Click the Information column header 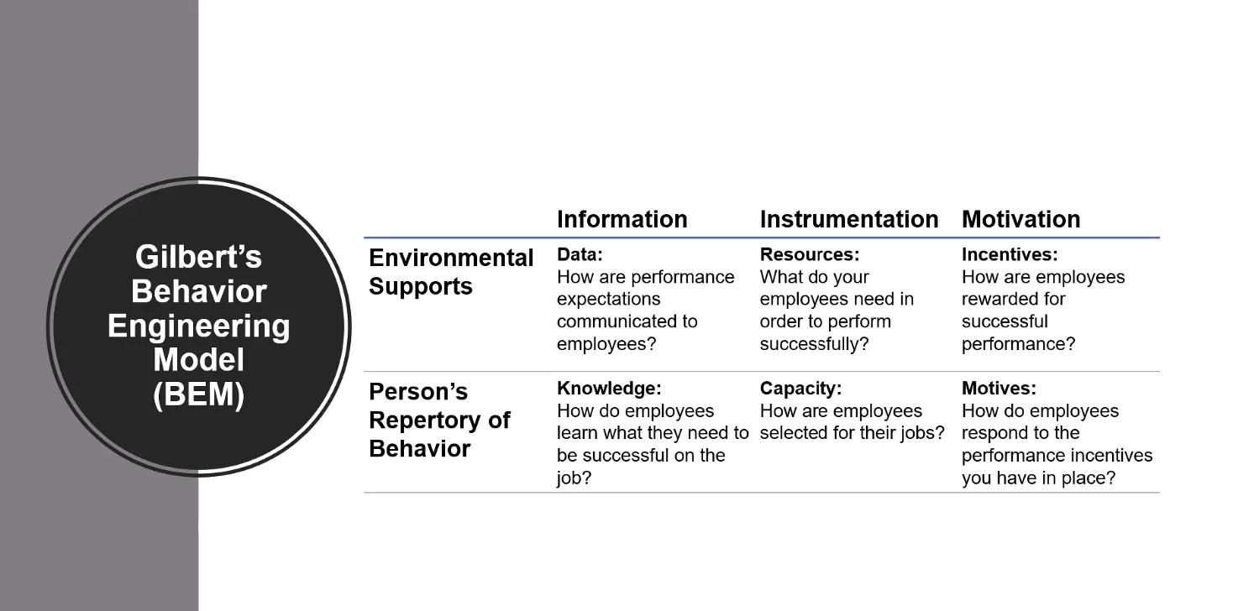click(622, 220)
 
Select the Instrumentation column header click(848, 220)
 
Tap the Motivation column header click(1021, 220)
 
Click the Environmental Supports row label click(451, 272)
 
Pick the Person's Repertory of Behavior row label click(439, 420)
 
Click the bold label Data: click(580, 254)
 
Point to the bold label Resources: click(810, 254)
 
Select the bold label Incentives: click(1010, 254)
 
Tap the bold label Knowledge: click(609, 389)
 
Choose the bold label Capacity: click(800, 389)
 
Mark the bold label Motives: click(999, 389)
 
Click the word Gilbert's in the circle click(198, 257)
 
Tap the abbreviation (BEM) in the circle click(198, 394)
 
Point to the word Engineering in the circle click(198, 326)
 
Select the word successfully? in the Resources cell click(814, 344)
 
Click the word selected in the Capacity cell click(793, 433)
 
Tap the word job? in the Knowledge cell click(575, 478)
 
